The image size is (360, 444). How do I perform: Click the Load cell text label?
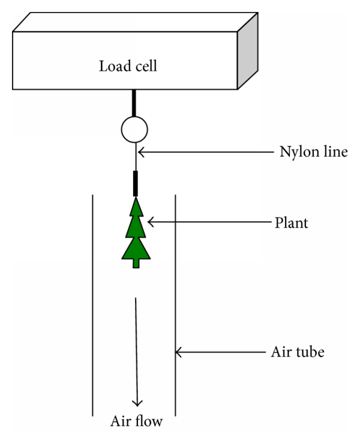pyautogui.click(x=128, y=66)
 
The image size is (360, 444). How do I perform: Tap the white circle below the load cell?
pyautogui.click(x=134, y=128)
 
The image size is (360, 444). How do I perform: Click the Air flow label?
pyautogui.click(x=136, y=421)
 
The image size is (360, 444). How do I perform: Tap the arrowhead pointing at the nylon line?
pyautogui.click(x=142, y=152)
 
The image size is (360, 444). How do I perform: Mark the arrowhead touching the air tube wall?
pyautogui.click(x=179, y=353)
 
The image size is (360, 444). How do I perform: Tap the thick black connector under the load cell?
pyautogui.click(x=134, y=102)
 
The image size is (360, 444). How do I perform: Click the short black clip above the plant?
pyautogui.click(x=135, y=184)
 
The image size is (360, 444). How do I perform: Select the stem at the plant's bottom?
pyautogui.click(x=136, y=263)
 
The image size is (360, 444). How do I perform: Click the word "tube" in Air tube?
pyautogui.click(x=310, y=352)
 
